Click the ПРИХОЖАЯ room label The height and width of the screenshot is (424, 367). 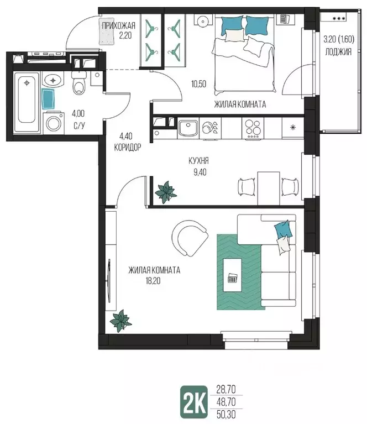[118, 26]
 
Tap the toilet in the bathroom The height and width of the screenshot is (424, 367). [78, 82]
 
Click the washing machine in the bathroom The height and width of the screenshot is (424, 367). [54, 124]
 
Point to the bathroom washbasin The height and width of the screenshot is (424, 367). [53, 80]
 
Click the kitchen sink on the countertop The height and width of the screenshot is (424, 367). [188, 129]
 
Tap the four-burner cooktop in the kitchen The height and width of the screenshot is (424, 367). [253, 128]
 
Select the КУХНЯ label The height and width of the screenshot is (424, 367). [198, 161]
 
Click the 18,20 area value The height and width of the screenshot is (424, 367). [153, 281]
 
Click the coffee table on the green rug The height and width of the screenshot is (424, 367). [232, 275]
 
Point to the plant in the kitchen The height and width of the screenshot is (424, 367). [165, 192]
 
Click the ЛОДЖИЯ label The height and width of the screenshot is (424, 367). [338, 51]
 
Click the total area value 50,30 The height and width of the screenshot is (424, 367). [226, 414]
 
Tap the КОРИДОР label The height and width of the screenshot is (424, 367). [127, 148]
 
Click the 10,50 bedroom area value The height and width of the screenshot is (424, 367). [199, 84]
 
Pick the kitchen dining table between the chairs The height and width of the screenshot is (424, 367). [268, 188]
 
